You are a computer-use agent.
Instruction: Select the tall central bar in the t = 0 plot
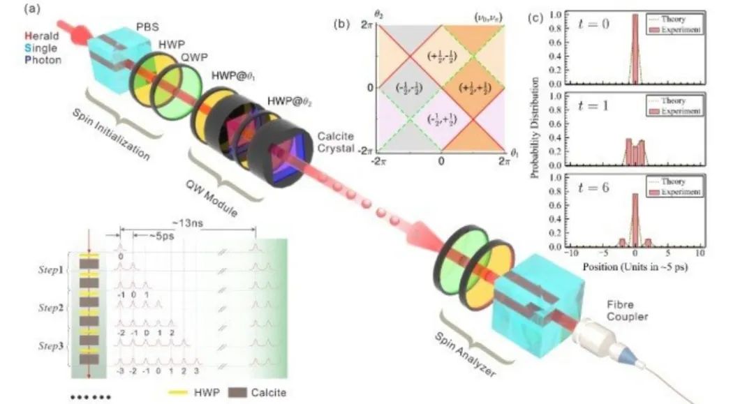pyautogui.click(x=635, y=49)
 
